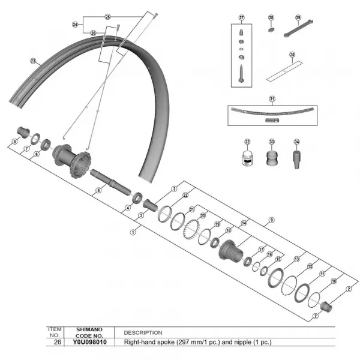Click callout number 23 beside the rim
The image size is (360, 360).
click(x=33, y=61)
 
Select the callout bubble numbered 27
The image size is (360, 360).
click(x=242, y=17)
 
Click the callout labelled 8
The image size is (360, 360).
click(x=14, y=142)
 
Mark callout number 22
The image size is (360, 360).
click(x=185, y=196)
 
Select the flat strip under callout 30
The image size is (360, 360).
click(x=284, y=73)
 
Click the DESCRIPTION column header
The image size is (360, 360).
click(x=143, y=332)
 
